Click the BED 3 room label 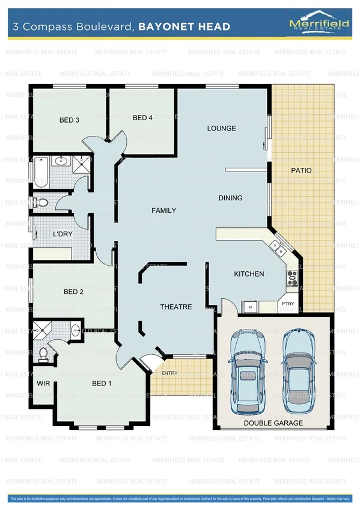(69, 120)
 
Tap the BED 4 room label (142, 118)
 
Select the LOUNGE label (221, 128)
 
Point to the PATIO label (301, 171)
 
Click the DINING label (230, 198)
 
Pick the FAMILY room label (163, 210)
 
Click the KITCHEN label (249, 274)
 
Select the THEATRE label (175, 307)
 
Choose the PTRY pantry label (288, 304)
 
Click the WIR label (43, 383)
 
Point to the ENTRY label (169, 373)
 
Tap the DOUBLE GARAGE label (273, 423)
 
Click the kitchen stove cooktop (293, 277)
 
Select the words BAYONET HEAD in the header (184, 26)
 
